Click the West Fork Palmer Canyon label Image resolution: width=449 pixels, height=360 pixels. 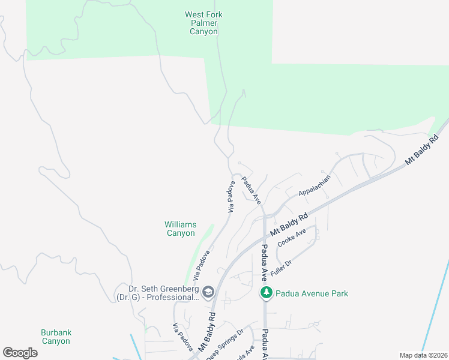pyautogui.click(x=203, y=22)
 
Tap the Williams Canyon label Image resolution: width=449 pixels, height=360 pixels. pyautogui.click(x=180, y=229)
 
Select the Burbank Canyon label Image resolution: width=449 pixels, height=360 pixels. pyautogui.click(x=56, y=337)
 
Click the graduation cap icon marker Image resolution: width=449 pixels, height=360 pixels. pyautogui.click(x=208, y=292)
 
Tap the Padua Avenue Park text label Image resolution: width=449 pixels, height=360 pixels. pyautogui.click(x=312, y=293)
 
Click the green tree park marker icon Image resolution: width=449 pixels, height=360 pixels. pyautogui.click(x=265, y=293)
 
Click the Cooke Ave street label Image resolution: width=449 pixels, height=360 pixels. pyautogui.click(x=292, y=238)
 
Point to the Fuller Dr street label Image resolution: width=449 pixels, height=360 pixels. pyautogui.click(x=280, y=268)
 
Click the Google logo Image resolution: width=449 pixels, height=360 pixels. pyautogui.click(x=20, y=352)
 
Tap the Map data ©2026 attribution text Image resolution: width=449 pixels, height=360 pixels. pyautogui.click(x=423, y=355)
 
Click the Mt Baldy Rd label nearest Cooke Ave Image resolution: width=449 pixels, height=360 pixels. pyautogui.click(x=289, y=224)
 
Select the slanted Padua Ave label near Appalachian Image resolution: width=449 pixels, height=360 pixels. pyautogui.click(x=251, y=190)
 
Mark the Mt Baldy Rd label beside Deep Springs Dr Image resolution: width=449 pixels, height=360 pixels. pyautogui.click(x=207, y=331)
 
